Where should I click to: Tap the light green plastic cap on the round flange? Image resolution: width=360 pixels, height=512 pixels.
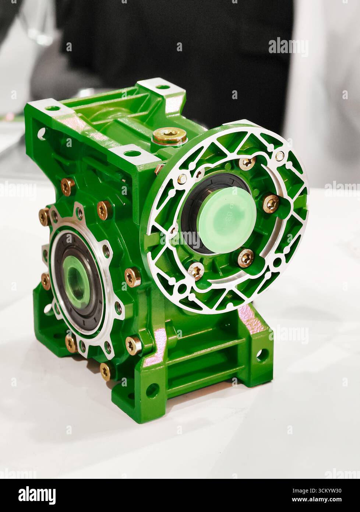pyautogui.click(x=226, y=220)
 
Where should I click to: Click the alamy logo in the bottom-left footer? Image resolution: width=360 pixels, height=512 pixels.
pyautogui.click(x=37, y=495)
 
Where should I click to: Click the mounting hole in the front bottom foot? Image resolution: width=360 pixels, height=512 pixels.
pyautogui.click(x=152, y=390)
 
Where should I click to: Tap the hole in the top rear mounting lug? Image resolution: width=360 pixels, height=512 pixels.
pyautogui.click(x=162, y=87)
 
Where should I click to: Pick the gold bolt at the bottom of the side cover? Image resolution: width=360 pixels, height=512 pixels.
pyautogui.click(x=106, y=371)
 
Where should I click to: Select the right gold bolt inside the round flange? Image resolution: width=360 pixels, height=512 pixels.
pyautogui.click(x=271, y=203)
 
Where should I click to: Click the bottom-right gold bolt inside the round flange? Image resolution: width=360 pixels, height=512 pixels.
pyautogui.click(x=245, y=258)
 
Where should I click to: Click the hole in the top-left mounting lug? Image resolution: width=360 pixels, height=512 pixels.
pyautogui.click(x=52, y=108)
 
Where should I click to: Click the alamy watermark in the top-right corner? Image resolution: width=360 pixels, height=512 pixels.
pyautogui.click(x=288, y=46)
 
